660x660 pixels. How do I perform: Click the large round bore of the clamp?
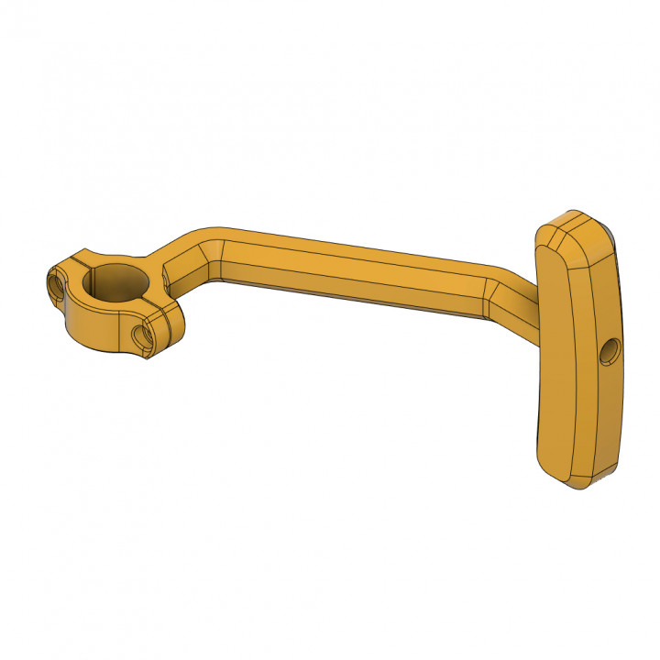116,281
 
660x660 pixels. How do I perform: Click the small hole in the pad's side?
607,349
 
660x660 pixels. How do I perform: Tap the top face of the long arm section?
357,252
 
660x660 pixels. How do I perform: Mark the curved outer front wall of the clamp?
92,325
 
